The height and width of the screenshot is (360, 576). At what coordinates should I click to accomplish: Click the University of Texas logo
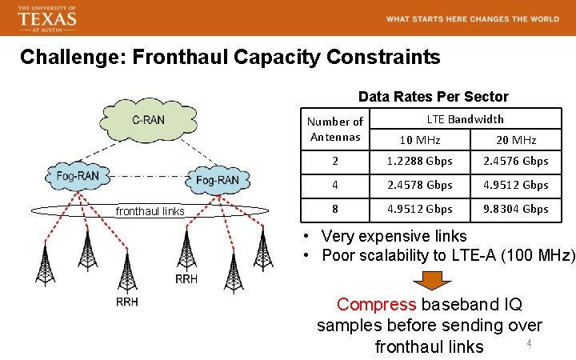48,18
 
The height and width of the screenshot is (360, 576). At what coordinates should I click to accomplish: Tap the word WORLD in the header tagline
538,19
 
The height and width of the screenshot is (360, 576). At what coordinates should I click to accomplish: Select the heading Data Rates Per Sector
433,97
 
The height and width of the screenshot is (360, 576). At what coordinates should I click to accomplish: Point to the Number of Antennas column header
335,129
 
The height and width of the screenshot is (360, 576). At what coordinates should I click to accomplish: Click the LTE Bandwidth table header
465,119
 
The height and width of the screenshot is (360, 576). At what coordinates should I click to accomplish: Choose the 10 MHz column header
420,140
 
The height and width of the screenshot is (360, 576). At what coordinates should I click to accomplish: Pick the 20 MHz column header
516,140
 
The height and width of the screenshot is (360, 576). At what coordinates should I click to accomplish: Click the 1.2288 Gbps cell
420,161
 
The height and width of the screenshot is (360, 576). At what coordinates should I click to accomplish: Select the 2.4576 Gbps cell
516,161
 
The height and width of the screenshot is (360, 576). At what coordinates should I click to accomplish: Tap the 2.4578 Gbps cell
420,185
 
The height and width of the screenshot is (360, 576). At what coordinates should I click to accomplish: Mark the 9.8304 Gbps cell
516,209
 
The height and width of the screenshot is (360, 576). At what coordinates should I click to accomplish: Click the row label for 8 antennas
334,209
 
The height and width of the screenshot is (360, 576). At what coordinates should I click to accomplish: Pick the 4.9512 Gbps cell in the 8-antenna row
420,209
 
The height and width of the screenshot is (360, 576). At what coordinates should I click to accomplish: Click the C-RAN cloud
149,121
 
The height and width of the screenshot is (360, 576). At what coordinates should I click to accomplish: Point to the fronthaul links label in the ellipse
150,211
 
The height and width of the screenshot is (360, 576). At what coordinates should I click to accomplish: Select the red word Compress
377,305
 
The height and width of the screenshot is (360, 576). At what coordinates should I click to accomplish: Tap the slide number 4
528,343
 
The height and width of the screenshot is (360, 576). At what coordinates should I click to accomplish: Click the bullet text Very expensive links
394,236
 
